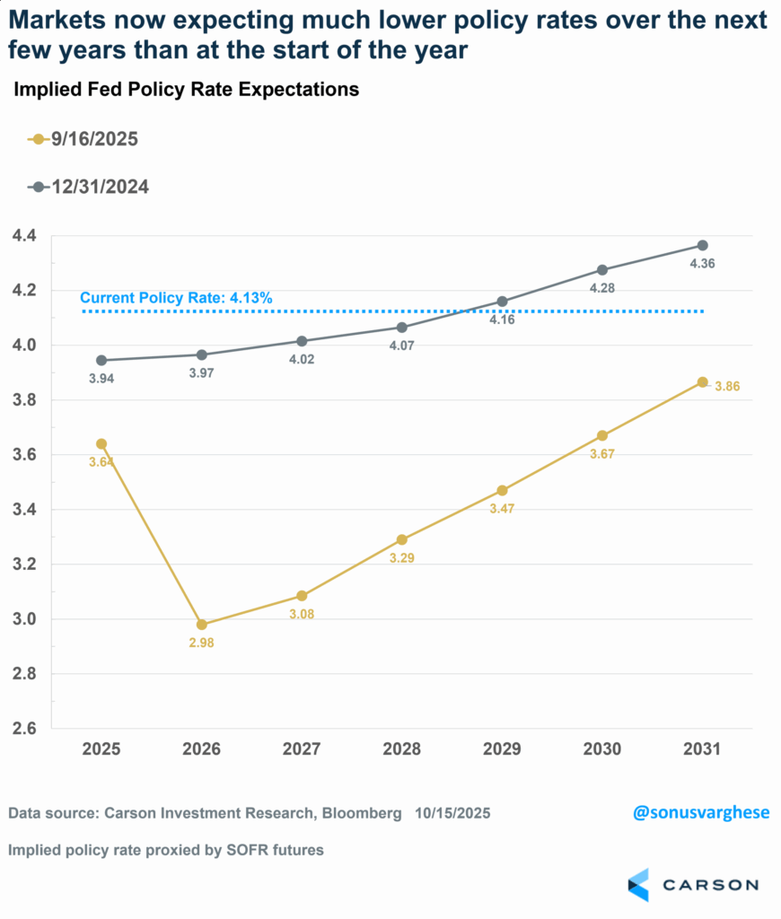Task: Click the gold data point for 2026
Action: (202, 625)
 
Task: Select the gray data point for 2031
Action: (703, 245)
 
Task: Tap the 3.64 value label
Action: (101, 461)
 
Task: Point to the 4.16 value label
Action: (502, 319)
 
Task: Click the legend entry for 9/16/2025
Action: (83, 139)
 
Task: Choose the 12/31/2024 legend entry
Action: (87, 186)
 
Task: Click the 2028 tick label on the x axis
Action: (402, 749)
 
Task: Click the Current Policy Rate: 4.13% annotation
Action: (175, 298)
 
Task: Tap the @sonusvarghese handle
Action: (701, 812)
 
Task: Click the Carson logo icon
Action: (638, 884)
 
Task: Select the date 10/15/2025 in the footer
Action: (452, 813)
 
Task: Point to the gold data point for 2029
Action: (502, 490)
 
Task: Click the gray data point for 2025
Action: (101, 360)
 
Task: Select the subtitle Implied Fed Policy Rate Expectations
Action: (185, 89)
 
